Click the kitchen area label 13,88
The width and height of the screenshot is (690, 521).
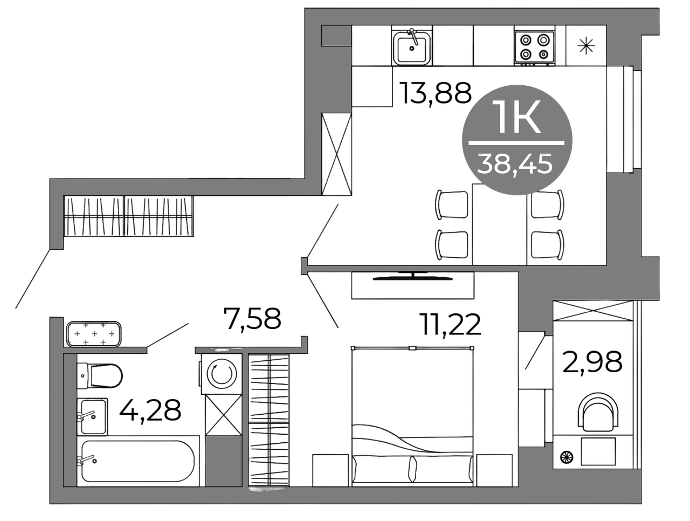[435, 93]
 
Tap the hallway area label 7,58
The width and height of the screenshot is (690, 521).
[252, 319]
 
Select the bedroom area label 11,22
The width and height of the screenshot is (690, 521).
[451, 325]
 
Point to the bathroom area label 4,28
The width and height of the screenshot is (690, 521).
[150, 410]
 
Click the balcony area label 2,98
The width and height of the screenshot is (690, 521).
[592, 362]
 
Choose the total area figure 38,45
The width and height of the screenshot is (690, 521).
[515, 164]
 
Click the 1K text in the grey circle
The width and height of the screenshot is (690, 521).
[516, 117]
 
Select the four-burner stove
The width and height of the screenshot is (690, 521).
[534, 47]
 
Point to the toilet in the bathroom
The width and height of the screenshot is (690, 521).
[99, 376]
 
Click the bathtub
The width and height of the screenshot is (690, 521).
[139, 461]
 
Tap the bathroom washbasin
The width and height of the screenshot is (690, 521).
[92, 417]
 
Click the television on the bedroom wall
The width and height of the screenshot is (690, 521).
[413, 276]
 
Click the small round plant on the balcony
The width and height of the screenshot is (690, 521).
[567, 457]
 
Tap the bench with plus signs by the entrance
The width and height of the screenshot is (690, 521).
[94, 334]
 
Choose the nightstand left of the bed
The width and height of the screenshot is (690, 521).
[330, 470]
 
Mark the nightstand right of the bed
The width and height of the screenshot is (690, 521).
[494, 470]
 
